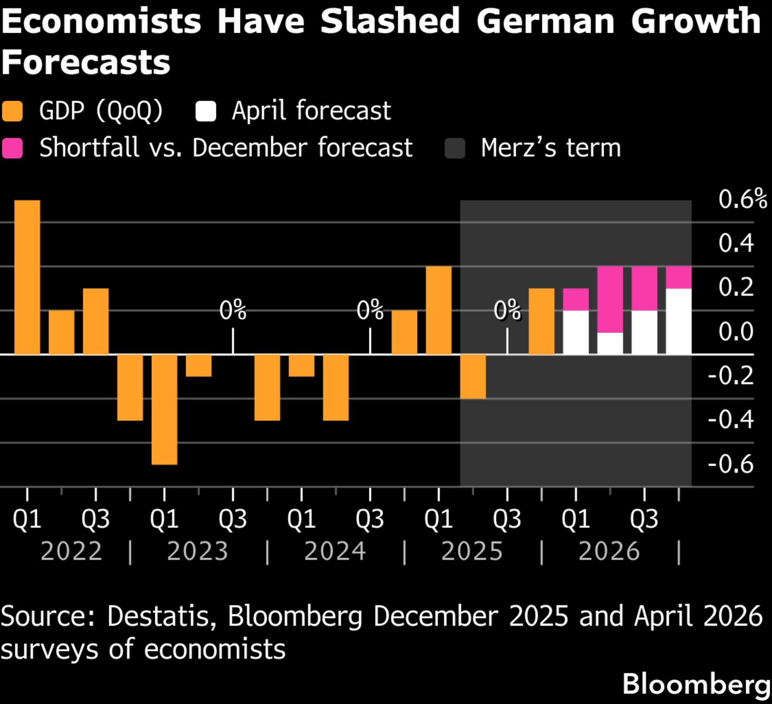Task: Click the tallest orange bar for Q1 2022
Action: (27, 277)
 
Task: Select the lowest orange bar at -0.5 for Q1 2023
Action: (164, 409)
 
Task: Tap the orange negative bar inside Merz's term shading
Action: (473, 376)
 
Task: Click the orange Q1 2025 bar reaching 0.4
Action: (439, 310)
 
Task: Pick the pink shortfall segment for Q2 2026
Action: (610, 299)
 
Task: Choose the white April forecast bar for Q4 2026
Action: (678, 321)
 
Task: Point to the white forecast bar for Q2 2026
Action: (610, 343)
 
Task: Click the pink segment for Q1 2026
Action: (575, 299)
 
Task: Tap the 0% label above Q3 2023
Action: (233, 310)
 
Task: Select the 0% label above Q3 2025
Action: (507, 310)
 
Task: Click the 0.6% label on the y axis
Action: (742, 200)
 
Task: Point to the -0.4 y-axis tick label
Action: (731, 419)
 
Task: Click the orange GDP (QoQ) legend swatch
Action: (12, 111)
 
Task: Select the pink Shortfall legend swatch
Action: (12, 148)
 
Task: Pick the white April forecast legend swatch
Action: (205, 111)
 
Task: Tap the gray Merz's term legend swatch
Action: (455, 148)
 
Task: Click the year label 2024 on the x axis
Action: (335, 551)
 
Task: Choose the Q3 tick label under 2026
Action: (644, 519)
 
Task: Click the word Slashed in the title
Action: (390, 21)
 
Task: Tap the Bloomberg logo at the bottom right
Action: (696, 684)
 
